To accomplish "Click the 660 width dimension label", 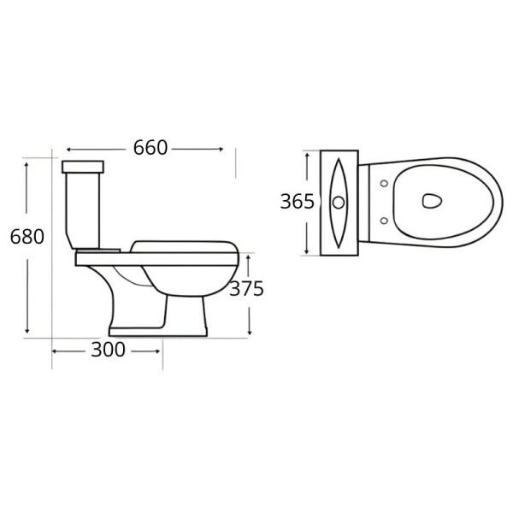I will [150, 147].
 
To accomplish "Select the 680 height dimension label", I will [27, 237].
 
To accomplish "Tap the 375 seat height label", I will [246, 288].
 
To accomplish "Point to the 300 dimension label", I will [108, 350].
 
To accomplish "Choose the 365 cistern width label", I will [298, 202].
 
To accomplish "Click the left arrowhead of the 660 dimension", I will [68, 148].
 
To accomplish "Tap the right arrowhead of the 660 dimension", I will [233, 148].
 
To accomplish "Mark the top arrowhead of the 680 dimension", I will [28, 163].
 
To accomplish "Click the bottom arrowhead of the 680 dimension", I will [28, 331].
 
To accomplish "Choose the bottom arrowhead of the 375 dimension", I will [249, 331].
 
